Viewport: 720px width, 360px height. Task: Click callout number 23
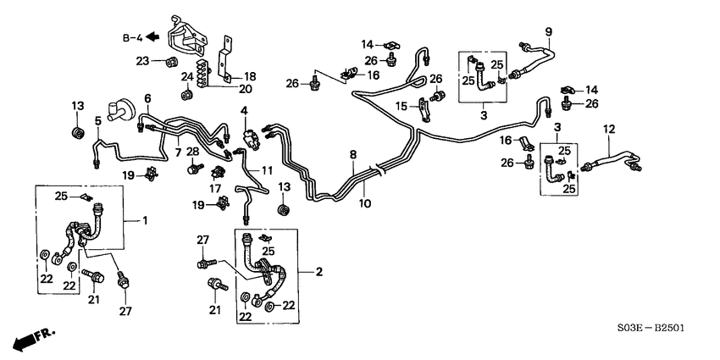(x=142, y=60)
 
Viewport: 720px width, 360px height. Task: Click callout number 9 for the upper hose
(x=548, y=32)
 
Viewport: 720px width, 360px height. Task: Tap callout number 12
(x=606, y=129)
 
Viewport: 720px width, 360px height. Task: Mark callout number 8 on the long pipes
(x=352, y=155)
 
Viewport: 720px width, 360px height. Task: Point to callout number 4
(x=244, y=110)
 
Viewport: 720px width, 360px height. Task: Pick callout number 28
(x=192, y=152)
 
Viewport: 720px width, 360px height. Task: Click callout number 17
(x=215, y=189)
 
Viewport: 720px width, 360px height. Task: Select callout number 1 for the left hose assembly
(x=144, y=221)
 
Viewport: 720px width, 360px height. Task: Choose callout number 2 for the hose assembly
(x=319, y=272)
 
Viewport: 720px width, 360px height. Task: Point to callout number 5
(x=97, y=121)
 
